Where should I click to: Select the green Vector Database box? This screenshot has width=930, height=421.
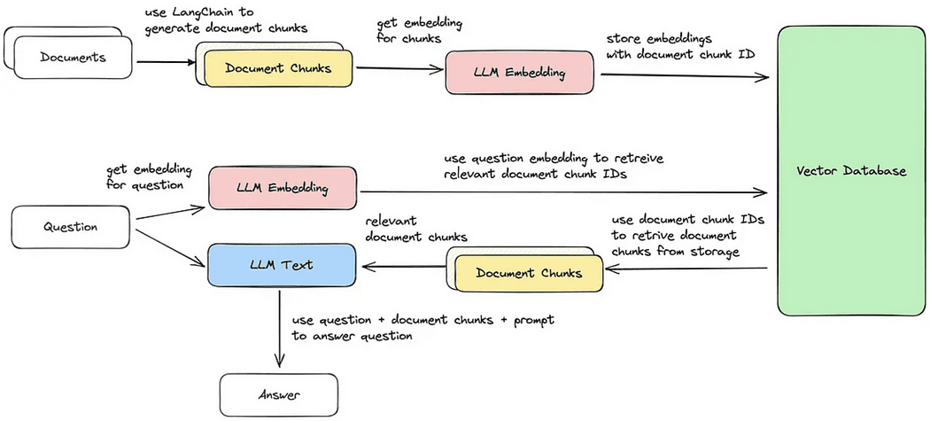[851, 171]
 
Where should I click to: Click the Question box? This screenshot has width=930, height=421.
[71, 226]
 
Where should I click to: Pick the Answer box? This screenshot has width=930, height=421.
[279, 394]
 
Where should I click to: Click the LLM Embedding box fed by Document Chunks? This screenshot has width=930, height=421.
[520, 73]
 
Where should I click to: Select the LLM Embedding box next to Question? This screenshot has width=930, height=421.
[283, 189]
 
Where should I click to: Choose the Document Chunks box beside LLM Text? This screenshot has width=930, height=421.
[525, 271]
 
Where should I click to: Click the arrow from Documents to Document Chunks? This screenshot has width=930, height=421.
[167, 62]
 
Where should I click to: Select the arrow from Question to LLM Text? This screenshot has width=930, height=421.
[171, 247]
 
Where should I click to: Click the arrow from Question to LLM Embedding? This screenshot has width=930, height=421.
[171, 212]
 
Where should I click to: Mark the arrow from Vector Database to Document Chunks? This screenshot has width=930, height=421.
[686, 269]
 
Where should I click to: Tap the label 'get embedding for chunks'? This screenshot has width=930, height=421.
[420, 32]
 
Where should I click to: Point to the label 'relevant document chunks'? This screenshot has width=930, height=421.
[416, 230]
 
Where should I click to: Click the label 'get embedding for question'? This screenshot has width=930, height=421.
[149, 177]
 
